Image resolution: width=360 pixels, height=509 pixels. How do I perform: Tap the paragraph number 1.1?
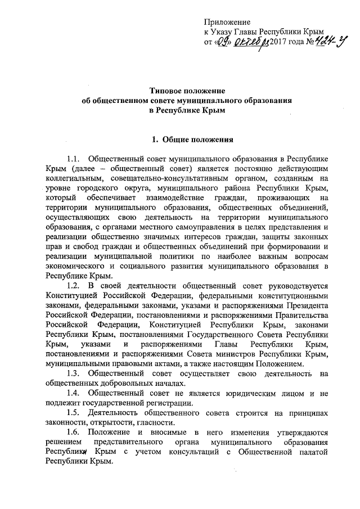pos(74,159)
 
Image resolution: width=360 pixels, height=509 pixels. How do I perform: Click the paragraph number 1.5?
pos(74,412)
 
